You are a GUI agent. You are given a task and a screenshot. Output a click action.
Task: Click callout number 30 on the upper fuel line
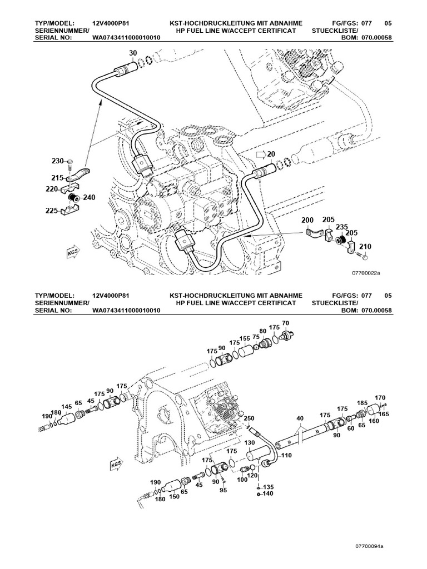[132, 53]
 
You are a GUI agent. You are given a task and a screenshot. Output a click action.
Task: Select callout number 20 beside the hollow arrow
[271, 154]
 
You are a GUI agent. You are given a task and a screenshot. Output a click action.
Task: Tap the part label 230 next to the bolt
[58, 161]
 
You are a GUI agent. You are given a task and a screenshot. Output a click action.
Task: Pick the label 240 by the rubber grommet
[89, 197]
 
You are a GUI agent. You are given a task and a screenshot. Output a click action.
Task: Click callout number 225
[53, 211]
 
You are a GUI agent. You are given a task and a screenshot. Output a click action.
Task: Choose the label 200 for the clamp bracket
[308, 221]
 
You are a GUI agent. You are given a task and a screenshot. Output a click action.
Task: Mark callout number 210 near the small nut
[365, 246]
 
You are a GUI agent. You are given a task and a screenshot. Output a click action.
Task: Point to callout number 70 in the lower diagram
[286, 323]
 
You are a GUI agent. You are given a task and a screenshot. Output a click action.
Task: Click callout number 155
[245, 338]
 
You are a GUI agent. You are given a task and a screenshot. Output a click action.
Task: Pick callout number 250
[249, 418]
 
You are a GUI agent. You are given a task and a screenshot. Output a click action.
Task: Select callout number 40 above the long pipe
[300, 418]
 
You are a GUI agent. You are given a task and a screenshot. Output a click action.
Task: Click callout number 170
[380, 397]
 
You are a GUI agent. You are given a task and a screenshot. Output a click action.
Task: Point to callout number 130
[249, 443]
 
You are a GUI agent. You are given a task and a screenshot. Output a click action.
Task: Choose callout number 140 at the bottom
[268, 493]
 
